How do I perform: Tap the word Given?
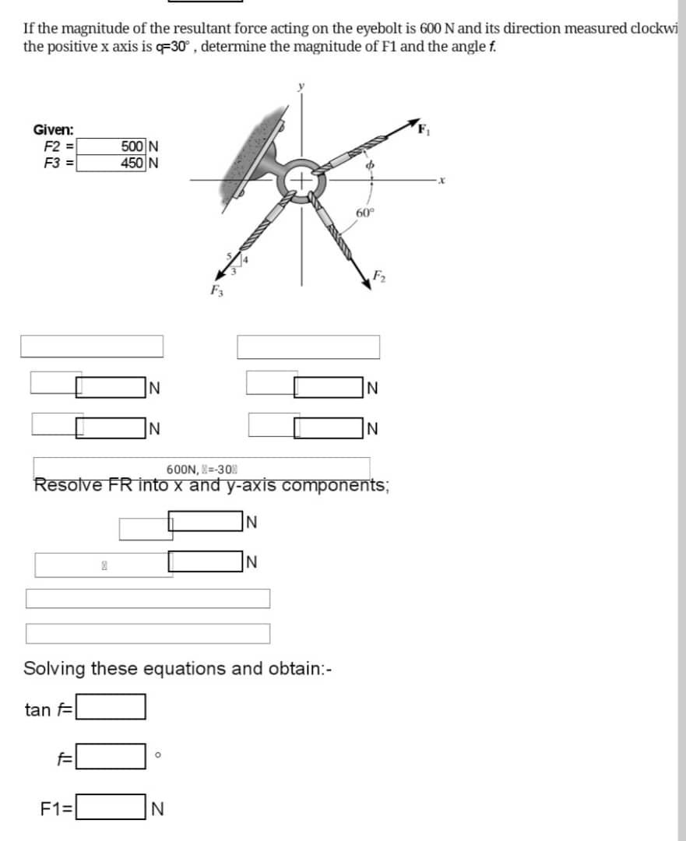pos(53,130)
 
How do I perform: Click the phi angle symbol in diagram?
pos(371,164)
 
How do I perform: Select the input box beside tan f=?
pos(110,707)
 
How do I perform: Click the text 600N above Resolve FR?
pos(181,469)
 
